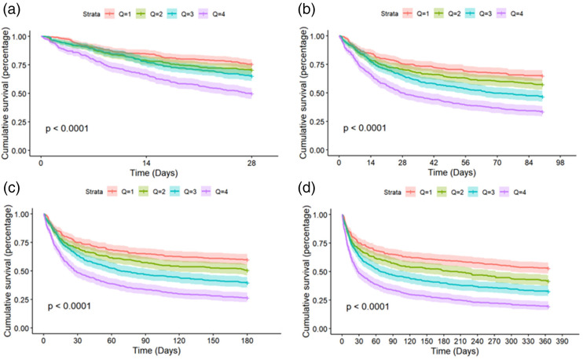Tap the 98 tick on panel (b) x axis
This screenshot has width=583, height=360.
(x=561, y=161)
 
